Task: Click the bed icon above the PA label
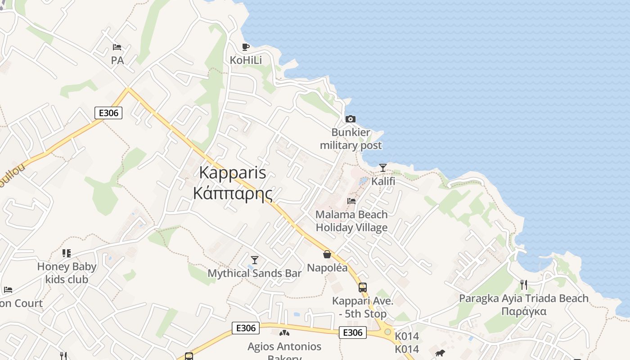pyautogui.click(x=117, y=47)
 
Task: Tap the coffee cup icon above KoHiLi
pyautogui.click(x=246, y=47)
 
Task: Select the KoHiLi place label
pyautogui.click(x=246, y=60)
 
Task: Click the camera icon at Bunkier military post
pyautogui.click(x=350, y=119)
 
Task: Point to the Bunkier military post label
pyautogui.click(x=351, y=139)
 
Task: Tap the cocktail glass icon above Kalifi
pyautogui.click(x=383, y=168)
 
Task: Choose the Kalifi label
pyautogui.click(x=383, y=181)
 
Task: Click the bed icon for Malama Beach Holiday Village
pyautogui.click(x=351, y=201)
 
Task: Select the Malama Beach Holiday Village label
pyautogui.click(x=351, y=221)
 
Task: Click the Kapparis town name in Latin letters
pyautogui.click(x=233, y=173)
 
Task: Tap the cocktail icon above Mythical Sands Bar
pyautogui.click(x=255, y=260)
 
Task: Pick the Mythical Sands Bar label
pyautogui.click(x=255, y=273)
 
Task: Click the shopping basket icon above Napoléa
pyautogui.click(x=327, y=254)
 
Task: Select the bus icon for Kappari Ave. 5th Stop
pyautogui.click(x=363, y=287)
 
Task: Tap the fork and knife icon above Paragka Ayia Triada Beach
pyautogui.click(x=523, y=284)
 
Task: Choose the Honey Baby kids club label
pyautogui.click(x=67, y=273)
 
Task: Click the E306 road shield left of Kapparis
pyautogui.click(x=108, y=112)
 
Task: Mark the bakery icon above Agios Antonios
pyautogui.click(x=284, y=333)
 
